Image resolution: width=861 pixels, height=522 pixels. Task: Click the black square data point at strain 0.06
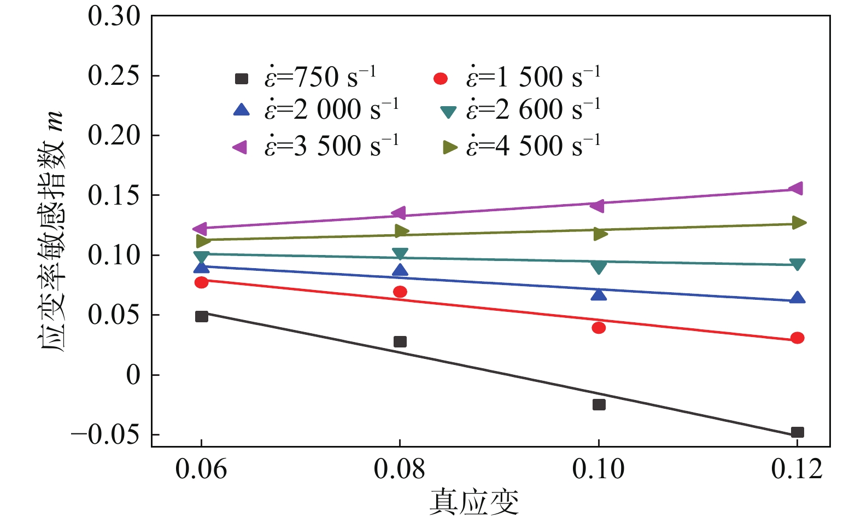[201, 316]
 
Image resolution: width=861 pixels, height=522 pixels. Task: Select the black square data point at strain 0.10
[599, 404]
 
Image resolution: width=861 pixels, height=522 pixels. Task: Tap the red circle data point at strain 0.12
[797, 338]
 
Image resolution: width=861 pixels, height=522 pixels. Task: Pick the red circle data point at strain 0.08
[400, 292]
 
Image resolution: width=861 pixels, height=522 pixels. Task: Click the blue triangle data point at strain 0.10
[599, 295]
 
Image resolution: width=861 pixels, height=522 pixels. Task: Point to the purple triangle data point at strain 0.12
[796, 188]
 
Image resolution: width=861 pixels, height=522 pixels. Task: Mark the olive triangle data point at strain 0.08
[401, 230]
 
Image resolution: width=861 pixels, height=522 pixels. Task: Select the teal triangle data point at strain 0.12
[797, 265]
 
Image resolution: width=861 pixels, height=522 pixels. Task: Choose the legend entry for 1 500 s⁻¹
[517, 78]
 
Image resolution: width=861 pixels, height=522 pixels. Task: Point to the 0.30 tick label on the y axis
[114, 16]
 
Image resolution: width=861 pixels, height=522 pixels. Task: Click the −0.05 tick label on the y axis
[105, 435]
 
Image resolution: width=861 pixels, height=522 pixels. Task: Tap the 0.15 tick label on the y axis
[114, 196]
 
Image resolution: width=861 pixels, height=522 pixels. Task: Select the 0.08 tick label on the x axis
[400, 469]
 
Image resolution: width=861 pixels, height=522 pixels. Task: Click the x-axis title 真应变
[473, 502]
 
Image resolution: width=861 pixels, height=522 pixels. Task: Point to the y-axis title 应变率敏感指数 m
[52, 230]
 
